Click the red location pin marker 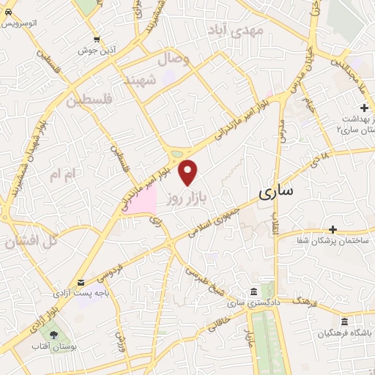189,173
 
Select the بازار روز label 183,198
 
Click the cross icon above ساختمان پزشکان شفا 333,229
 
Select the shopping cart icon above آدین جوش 97,40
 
